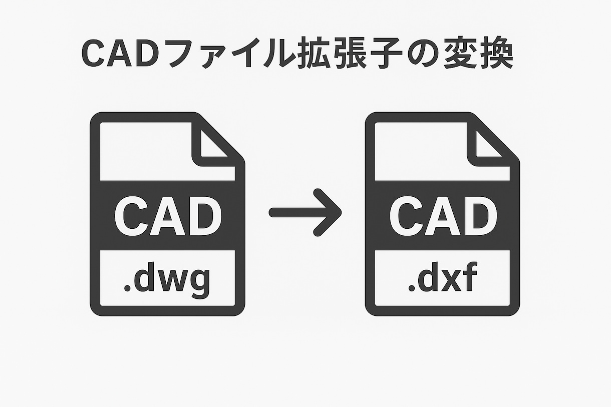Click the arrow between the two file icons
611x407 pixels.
(x=305, y=213)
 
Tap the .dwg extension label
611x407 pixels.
(x=167, y=281)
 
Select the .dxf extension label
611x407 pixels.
(x=441, y=281)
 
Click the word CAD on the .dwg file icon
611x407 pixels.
(x=168, y=216)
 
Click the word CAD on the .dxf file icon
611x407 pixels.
(x=443, y=216)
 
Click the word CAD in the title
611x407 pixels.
(x=117, y=54)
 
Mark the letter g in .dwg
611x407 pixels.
(x=199, y=283)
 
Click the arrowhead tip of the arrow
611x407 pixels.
(x=339, y=213)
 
